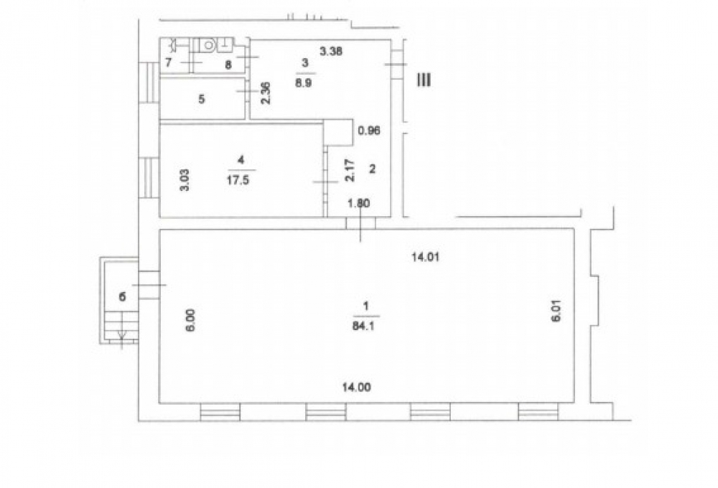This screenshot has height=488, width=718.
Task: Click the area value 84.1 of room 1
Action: (365, 326)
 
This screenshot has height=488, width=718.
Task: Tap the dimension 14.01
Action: (425, 257)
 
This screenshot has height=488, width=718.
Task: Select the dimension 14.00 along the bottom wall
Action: (357, 388)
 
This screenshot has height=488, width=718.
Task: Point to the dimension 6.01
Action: (556, 311)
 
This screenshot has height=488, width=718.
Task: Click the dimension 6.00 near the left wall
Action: (191, 320)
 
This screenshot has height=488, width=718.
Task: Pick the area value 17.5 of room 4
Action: (238, 179)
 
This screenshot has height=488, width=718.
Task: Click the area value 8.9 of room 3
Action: (304, 83)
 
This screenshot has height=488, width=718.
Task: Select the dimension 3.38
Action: (331, 51)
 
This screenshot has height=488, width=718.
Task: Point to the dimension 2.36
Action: (266, 93)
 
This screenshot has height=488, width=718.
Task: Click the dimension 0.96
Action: (369, 131)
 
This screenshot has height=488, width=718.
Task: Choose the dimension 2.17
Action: (350, 170)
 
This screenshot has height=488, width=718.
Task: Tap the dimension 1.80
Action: (359, 203)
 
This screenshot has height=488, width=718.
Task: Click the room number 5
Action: (202, 99)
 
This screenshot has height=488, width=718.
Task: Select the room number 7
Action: (169, 62)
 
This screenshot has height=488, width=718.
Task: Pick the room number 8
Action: (228, 65)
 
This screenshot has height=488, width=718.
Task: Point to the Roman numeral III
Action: (423, 80)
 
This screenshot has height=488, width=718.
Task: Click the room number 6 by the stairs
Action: (122, 297)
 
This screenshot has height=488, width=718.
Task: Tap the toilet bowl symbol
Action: (208, 45)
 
